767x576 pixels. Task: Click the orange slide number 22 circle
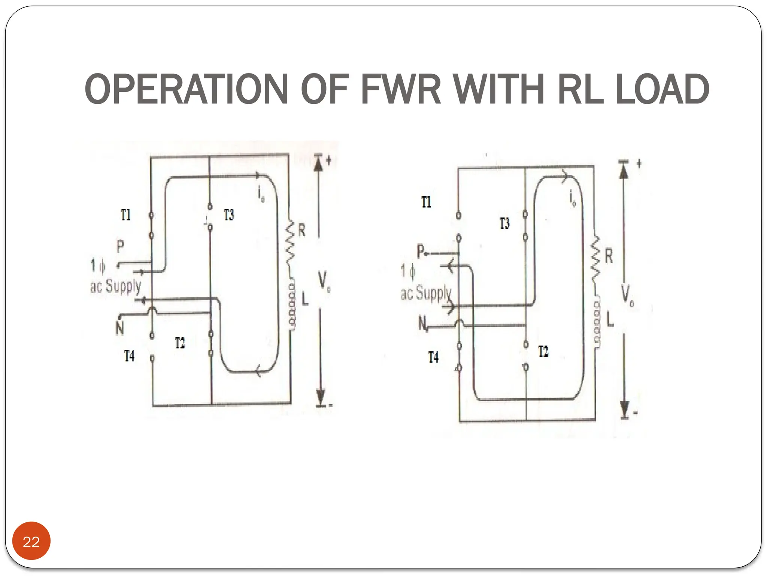coord(31,541)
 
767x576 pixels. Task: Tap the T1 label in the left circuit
coord(126,215)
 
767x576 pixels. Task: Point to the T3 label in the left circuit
coord(229,215)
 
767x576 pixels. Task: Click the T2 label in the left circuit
coord(180,343)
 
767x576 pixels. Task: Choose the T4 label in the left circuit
coord(129,355)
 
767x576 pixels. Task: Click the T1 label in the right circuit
coord(426,202)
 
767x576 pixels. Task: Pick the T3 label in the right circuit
coord(504,223)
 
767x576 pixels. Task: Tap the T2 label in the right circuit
coord(543,352)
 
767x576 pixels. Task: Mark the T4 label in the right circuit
coord(433,357)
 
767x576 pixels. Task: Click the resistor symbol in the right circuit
coord(595,259)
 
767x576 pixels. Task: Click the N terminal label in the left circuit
coord(119,328)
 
